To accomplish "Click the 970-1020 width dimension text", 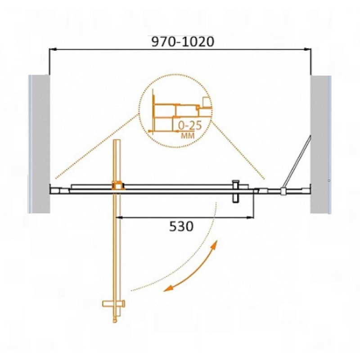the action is (183, 42).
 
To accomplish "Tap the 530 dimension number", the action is (181, 226).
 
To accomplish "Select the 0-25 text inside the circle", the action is (190, 126).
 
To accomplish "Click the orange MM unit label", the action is (188, 135).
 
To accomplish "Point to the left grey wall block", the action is (40, 144).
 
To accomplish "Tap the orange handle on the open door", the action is (114, 304).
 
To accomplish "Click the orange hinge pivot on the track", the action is (118, 185).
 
